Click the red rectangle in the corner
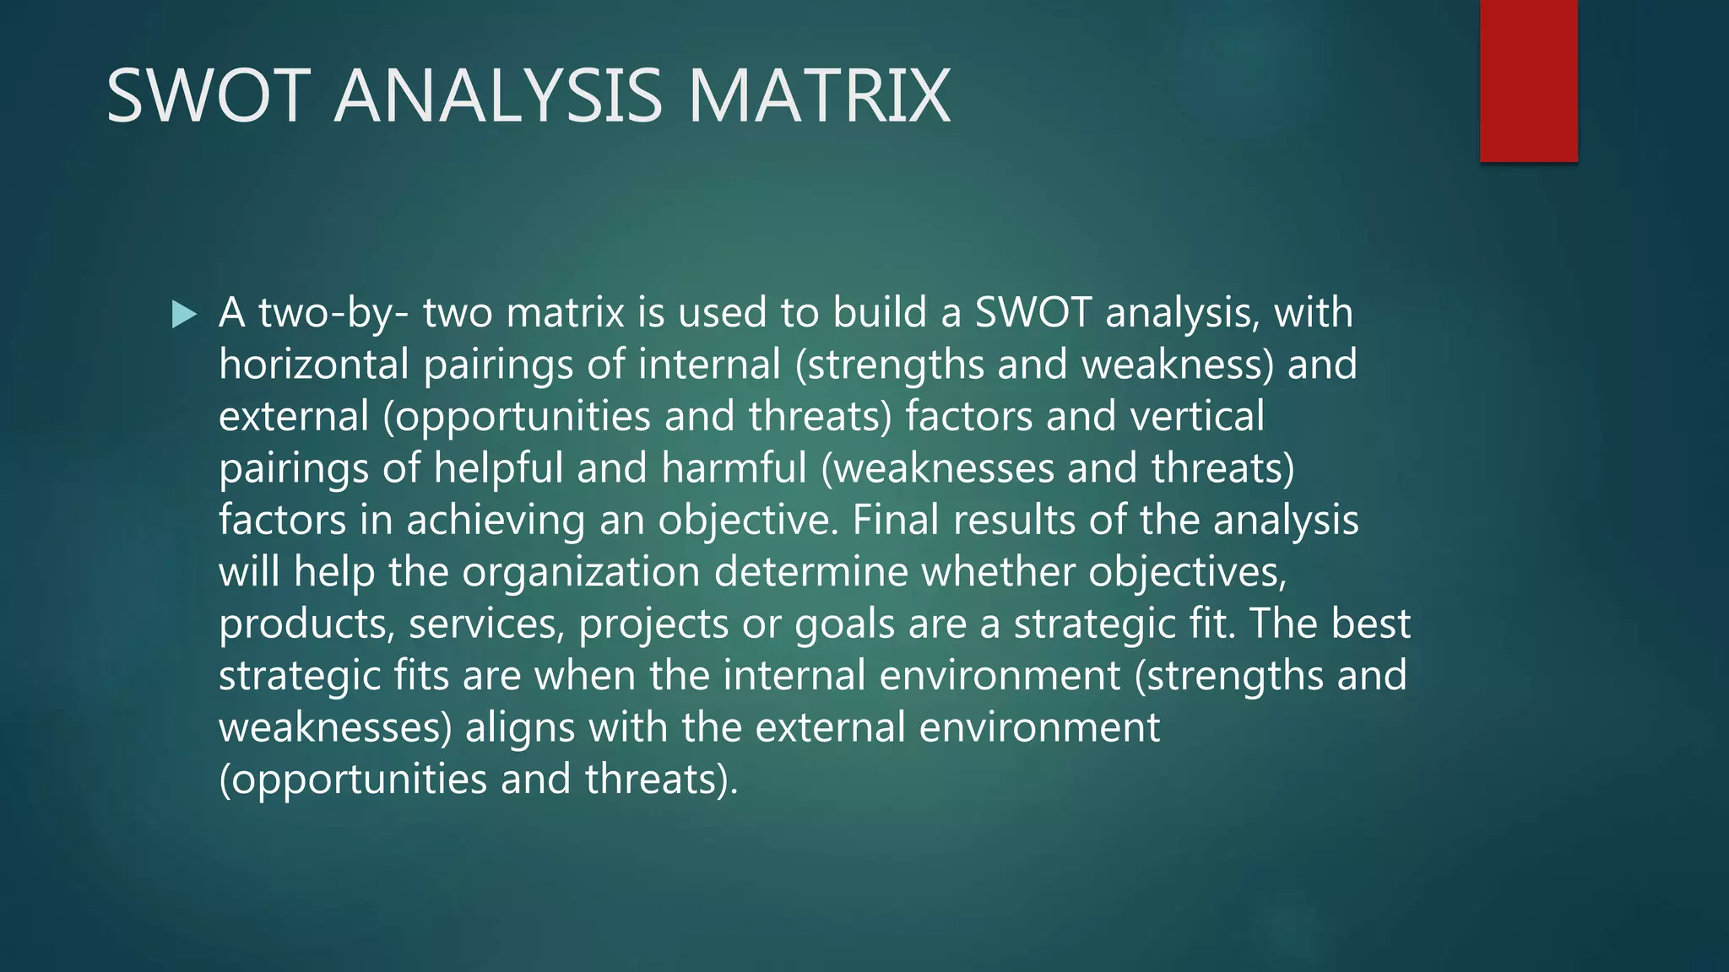point(1528,81)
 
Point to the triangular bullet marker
point(183,315)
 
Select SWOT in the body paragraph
point(1033,312)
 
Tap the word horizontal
point(314,364)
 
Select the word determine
point(810,572)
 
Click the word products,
point(306,625)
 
